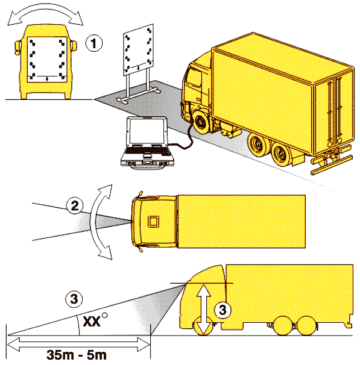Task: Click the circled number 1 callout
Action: tap(93, 43)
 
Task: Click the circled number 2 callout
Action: tap(75, 205)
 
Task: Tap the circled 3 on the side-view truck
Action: tap(223, 310)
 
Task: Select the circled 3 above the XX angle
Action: tap(74, 299)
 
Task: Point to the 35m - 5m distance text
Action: tap(77, 355)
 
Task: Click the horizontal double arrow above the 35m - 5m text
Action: tap(79, 345)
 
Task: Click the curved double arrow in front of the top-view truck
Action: tap(93, 222)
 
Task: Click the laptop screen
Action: tap(147, 131)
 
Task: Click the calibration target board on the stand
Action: tap(139, 49)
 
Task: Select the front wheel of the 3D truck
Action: tap(200, 122)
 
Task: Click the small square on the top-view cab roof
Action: tap(153, 222)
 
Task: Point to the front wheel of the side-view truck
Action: tap(203, 326)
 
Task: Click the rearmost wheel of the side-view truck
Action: tap(307, 326)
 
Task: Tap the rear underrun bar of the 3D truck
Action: tap(332, 165)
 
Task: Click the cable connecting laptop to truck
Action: tap(184, 139)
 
